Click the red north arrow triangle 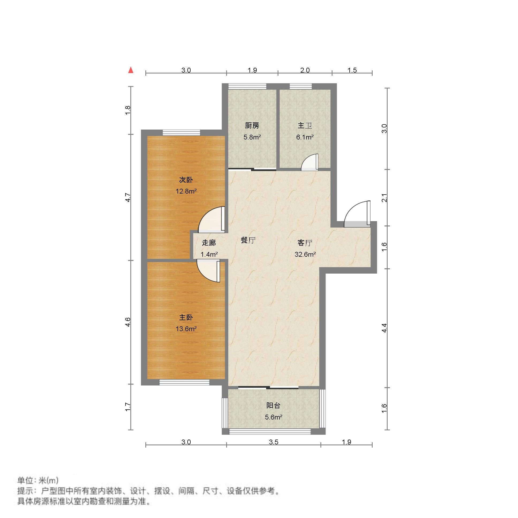pos(131,70)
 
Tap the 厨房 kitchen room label pos(252,126)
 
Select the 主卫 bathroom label pos(305,126)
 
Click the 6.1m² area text pos(305,137)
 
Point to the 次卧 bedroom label pos(186,180)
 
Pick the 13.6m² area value pos(186,329)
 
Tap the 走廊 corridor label pos(209,243)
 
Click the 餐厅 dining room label pos(248,240)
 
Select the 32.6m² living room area pos(305,254)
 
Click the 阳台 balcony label pos(273,405)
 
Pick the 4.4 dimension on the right pos(384,328)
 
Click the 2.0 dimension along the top pos(305,70)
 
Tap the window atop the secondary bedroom pos(181,133)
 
